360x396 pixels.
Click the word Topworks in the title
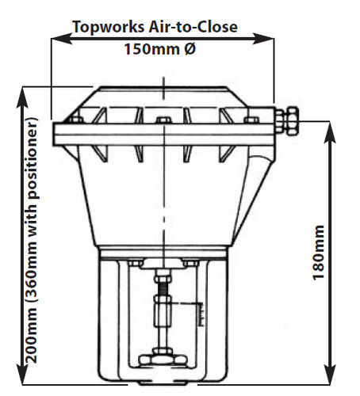pyautogui.click(x=109, y=27)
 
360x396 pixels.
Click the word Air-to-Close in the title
pyautogui.click(x=193, y=27)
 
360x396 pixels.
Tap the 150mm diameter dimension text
pyautogui.click(x=160, y=49)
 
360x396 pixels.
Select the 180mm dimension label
pyautogui.click(x=318, y=253)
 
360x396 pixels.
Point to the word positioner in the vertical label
pyautogui.click(x=33, y=158)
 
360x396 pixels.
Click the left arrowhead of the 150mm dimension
pyautogui.click(x=62, y=39)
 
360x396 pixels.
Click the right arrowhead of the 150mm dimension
pyautogui.click(x=263, y=39)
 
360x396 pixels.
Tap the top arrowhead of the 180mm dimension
pyautogui.click(x=330, y=132)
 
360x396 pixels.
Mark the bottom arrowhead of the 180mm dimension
pyautogui.click(x=330, y=374)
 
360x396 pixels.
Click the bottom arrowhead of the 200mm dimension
pyautogui.click(x=22, y=374)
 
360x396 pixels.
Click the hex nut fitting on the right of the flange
pyautogui.click(x=287, y=121)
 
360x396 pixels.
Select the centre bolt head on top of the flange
pyautogui.click(x=164, y=120)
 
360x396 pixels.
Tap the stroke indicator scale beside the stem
pyautogui.click(x=201, y=314)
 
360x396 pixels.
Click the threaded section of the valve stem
pyautogui.click(x=163, y=289)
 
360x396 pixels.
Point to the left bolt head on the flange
pyautogui.click(x=76, y=120)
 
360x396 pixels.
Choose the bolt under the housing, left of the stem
pyautogui.click(x=136, y=263)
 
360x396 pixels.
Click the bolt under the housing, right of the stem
pyautogui.click(x=190, y=263)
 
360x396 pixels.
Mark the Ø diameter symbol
pyautogui.click(x=190, y=49)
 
